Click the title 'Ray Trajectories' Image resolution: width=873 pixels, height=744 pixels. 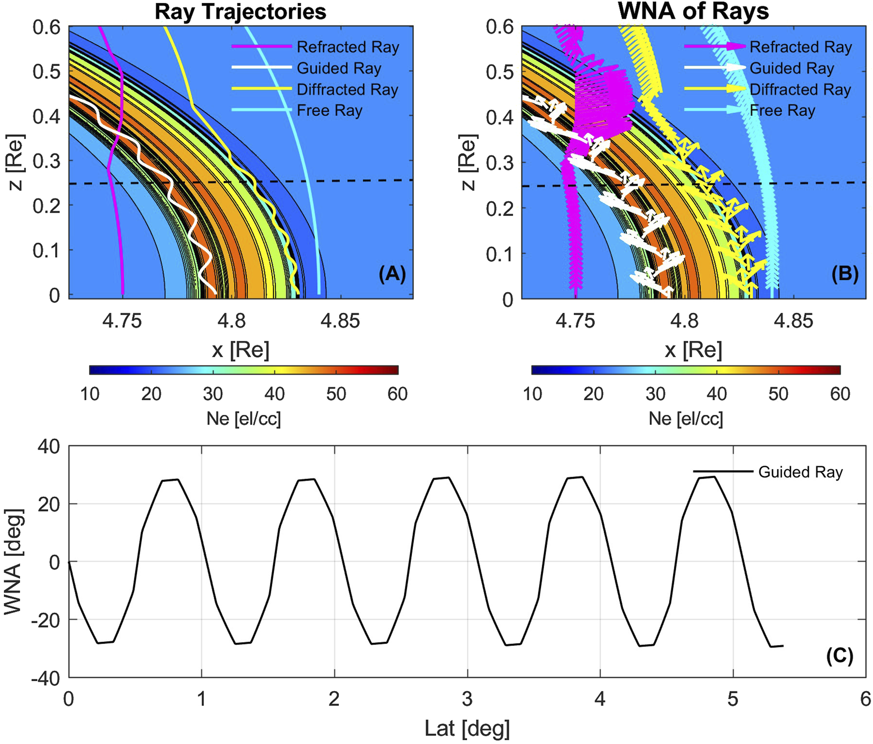click(240, 12)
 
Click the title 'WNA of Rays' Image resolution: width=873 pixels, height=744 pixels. click(693, 12)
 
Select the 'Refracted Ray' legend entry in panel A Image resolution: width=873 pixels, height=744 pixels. click(347, 47)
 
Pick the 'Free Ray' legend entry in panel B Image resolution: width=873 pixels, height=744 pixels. click(782, 111)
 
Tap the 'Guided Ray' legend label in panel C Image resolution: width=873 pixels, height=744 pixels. click(800, 472)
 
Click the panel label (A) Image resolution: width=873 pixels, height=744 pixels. click(392, 274)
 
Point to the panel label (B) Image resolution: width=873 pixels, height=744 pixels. click(845, 274)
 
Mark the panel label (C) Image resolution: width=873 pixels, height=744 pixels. click(839, 656)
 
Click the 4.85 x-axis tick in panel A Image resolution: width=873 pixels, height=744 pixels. click(340, 322)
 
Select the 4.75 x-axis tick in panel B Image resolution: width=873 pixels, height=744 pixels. click(575, 322)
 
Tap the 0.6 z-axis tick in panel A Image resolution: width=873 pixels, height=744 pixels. click(46, 28)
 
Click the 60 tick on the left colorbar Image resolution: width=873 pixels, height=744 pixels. click(397, 394)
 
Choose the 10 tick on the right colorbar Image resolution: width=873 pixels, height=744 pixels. click(532, 394)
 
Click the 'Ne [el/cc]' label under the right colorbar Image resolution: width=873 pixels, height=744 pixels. click(686, 419)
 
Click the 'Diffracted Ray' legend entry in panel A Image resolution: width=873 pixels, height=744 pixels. click(347, 90)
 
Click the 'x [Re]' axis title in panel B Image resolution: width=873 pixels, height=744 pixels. click(693, 350)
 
